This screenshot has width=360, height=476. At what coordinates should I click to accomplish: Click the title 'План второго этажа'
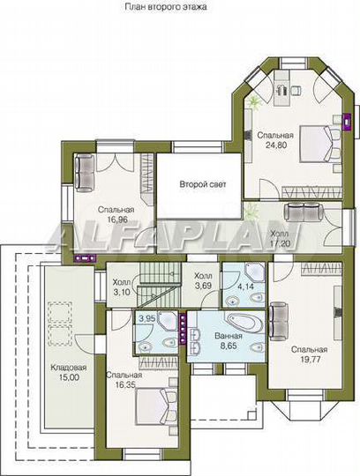[x=166, y=7]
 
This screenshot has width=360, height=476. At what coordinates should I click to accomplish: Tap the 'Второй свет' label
[x=203, y=184]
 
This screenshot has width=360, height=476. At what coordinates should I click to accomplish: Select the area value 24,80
[x=276, y=145]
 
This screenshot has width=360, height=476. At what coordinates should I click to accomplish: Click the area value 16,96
[x=116, y=219]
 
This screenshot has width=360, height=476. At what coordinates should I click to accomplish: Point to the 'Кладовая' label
[x=68, y=368]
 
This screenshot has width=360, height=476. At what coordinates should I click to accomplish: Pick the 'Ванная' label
[x=229, y=336]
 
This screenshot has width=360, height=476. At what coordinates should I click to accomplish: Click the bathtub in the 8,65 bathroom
[x=244, y=322]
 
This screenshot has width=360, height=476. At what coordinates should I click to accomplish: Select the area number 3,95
[x=147, y=318]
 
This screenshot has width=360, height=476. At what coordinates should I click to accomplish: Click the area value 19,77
[x=310, y=359]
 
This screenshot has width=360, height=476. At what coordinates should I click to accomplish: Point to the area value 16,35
[x=125, y=384]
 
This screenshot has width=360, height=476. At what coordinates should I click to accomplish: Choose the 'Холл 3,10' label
[x=122, y=286]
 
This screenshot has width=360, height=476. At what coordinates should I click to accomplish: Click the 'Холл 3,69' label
[x=203, y=280]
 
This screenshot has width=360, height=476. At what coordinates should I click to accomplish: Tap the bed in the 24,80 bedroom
[x=320, y=145]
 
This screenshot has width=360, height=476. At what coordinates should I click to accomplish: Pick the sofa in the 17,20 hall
[x=304, y=212]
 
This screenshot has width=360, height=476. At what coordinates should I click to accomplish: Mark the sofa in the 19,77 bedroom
[x=278, y=321]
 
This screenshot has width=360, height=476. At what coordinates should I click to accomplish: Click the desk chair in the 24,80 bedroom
[x=296, y=90]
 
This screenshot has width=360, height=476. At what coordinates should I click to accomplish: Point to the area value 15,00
[x=68, y=377]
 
